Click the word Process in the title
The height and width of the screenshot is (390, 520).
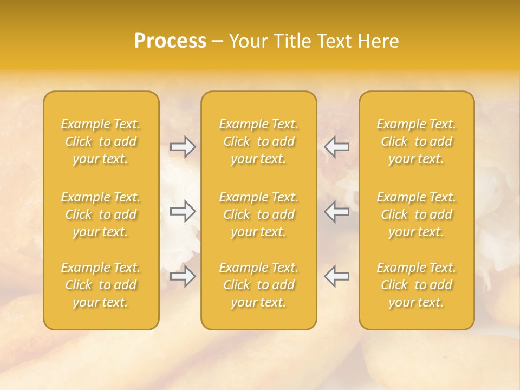coord(170,41)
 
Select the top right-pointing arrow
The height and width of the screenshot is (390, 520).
coord(183,146)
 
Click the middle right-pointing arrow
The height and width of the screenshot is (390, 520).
coord(183,211)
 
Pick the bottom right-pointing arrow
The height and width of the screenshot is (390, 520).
coord(183,276)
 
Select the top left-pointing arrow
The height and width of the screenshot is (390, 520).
coord(336,146)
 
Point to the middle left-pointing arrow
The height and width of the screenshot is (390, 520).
coord(336,211)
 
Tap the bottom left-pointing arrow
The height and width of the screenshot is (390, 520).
coord(336,276)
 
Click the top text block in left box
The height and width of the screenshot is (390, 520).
coord(101,141)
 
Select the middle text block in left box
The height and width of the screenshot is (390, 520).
coord(101,214)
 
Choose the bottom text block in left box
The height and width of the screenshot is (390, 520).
coord(101,285)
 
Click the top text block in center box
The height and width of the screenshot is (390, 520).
coord(259,141)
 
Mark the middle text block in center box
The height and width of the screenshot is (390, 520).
coord(259,214)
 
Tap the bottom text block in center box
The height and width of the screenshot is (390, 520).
coord(259,285)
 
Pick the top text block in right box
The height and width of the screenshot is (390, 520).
coord(417,141)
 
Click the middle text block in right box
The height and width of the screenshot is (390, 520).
coord(417,214)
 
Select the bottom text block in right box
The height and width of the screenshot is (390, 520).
coord(417,285)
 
